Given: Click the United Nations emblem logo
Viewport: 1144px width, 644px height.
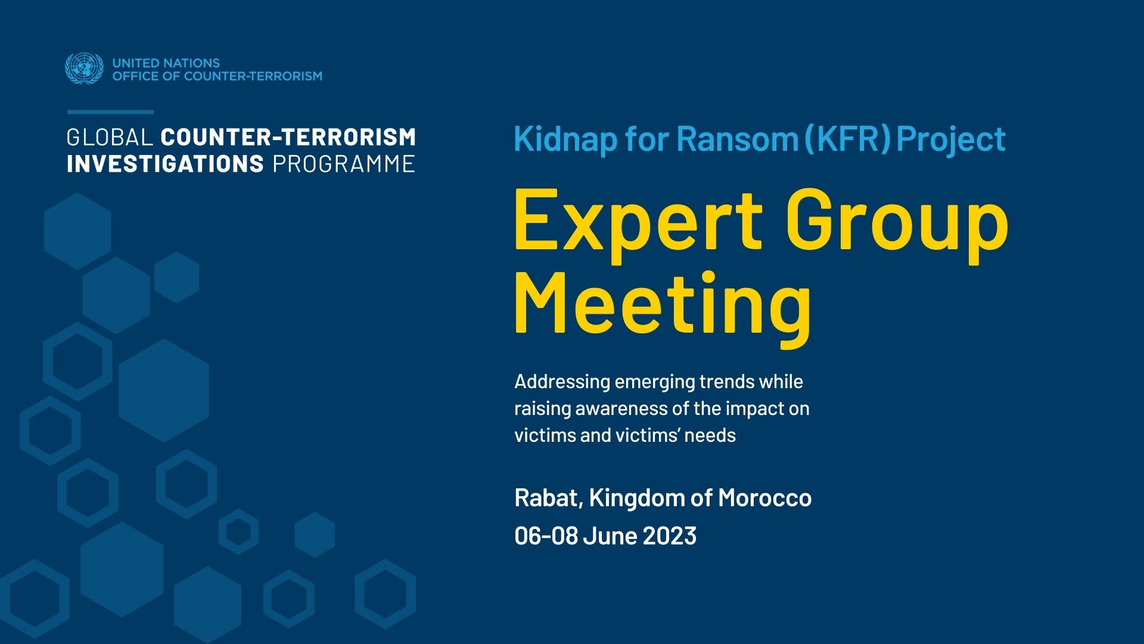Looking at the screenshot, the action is tap(84, 69).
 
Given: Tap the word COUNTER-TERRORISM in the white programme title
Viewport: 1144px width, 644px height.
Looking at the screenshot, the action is tap(288, 137).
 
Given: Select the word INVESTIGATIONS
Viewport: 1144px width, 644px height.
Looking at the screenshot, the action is tap(165, 164).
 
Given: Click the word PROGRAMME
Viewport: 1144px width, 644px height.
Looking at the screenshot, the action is tap(344, 164).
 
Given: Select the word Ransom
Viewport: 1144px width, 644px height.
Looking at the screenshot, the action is tap(738, 140).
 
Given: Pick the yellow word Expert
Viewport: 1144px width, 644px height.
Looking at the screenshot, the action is tap(638, 221).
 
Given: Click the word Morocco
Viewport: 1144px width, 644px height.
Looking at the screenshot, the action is tap(764, 498).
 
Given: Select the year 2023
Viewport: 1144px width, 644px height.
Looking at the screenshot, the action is tap(670, 535).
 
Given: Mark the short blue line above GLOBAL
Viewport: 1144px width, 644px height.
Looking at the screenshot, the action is tap(110, 112).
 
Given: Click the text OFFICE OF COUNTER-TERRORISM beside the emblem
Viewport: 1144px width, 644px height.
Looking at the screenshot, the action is tap(217, 76).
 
